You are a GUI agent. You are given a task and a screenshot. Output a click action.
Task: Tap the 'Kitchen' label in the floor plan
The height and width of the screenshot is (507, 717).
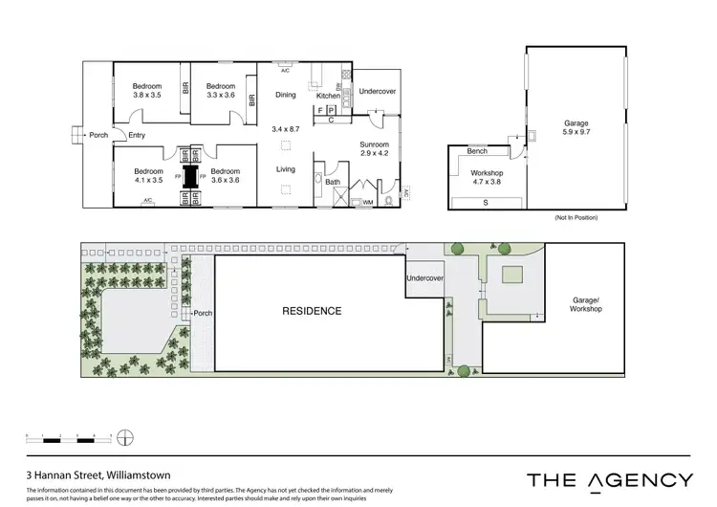(329, 96)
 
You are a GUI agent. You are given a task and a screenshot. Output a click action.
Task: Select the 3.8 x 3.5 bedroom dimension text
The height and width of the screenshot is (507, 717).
(146, 95)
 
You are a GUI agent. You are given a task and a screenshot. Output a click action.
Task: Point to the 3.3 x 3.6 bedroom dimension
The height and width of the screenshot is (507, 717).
(221, 95)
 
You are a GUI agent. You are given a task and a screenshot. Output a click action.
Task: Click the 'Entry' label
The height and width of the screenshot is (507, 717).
(137, 135)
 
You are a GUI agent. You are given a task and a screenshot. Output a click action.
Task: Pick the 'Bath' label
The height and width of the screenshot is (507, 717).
(333, 181)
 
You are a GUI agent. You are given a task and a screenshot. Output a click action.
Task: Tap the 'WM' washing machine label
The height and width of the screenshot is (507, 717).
(368, 202)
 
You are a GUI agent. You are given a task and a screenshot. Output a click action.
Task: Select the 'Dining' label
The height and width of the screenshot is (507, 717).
(286, 95)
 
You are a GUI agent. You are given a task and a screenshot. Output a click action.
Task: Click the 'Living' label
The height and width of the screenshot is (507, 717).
(286, 169)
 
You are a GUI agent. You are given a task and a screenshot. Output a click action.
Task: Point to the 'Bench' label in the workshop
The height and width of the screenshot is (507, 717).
(478, 152)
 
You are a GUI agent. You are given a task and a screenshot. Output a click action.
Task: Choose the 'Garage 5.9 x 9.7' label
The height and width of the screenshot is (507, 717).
(576, 127)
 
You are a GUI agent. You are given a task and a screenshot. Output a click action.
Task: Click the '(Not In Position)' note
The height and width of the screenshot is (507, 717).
(576, 218)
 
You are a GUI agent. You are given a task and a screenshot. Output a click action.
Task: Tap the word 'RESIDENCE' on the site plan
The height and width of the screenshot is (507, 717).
(311, 311)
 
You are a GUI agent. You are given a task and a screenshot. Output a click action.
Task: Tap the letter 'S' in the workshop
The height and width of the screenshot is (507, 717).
(486, 203)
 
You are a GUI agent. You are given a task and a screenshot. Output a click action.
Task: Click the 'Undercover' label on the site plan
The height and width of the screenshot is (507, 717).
(424, 278)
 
